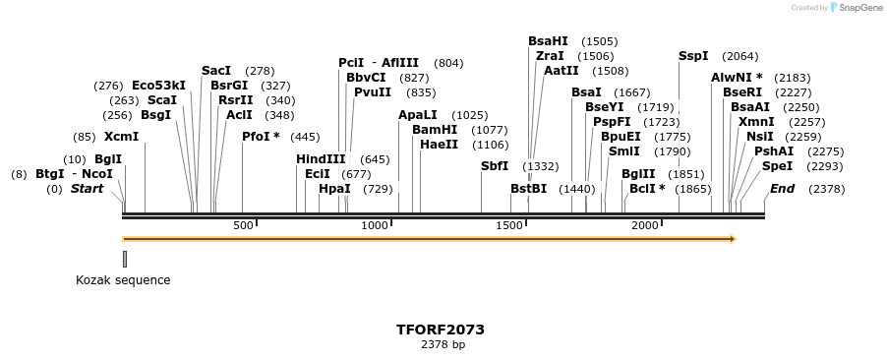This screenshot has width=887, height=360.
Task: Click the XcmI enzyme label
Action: click(x=122, y=137)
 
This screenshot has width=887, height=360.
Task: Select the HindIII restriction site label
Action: click(x=321, y=158)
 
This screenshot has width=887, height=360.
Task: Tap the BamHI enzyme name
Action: click(x=434, y=129)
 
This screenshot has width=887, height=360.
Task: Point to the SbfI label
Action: click(x=495, y=166)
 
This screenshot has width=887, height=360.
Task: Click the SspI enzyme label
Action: click(x=693, y=56)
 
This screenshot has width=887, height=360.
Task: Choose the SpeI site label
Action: click(x=777, y=166)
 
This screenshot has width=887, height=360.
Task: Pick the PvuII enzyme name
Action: click(x=373, y=91)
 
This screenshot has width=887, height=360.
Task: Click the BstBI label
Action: click(x=528, y=188)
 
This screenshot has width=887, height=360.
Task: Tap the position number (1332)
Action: click(x=540, y=166)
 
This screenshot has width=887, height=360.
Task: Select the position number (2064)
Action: click(x=739, y=56)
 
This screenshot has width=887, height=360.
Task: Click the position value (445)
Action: click(x=305, y=137)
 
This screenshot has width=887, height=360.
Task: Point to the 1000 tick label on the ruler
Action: click(x=376, y=225)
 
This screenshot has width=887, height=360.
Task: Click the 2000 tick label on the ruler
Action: click(x=645, y=225)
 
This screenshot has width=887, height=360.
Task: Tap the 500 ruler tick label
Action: click(x=243, y=225)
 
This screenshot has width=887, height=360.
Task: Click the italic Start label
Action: click(x=87, y=188)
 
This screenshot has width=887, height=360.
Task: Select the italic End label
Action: click(x=783, y=188)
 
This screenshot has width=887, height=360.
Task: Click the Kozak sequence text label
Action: click(x=123, y=280)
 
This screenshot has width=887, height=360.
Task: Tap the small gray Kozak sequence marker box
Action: click(x=125, y=259)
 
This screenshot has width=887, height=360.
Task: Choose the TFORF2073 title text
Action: click(x=441, y=330)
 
